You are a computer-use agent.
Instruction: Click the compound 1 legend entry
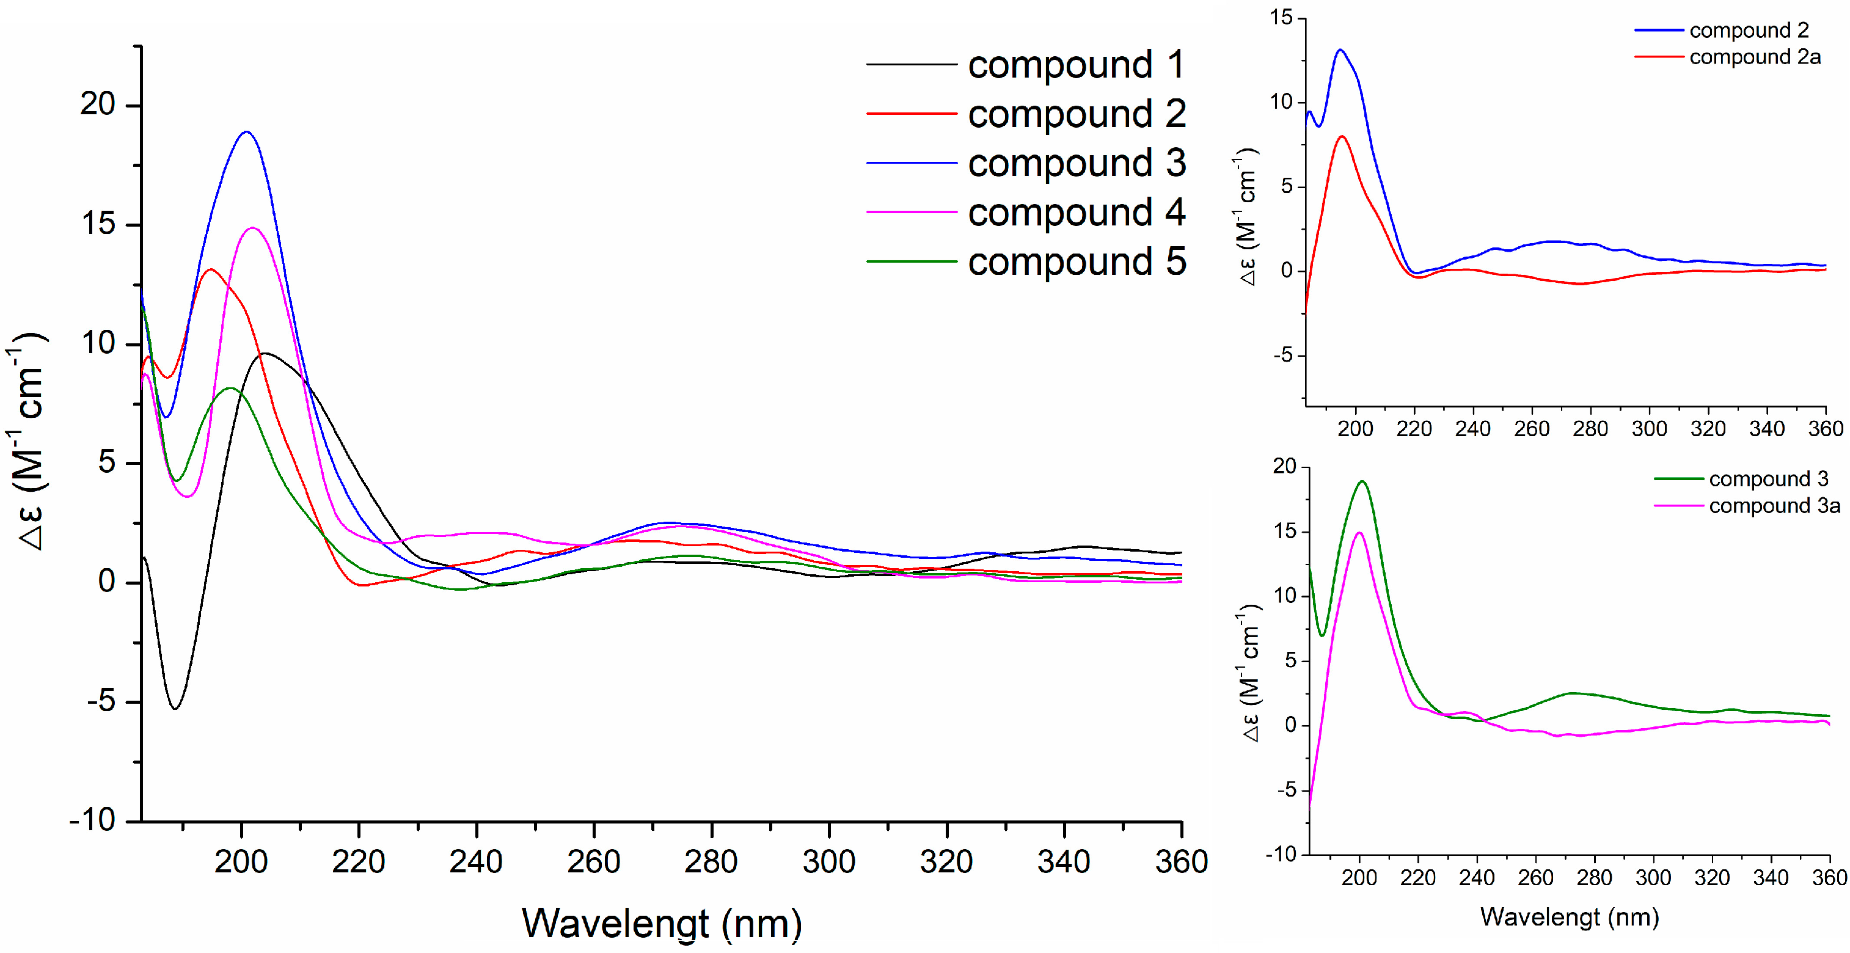1075,65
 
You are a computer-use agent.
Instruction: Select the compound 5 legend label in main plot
1075,261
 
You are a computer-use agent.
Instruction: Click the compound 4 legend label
1075,213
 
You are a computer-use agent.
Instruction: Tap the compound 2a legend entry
1755,57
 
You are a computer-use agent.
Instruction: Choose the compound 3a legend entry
1774,506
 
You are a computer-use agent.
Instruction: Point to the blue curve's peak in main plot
246,131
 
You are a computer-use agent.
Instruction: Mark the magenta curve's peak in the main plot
253,228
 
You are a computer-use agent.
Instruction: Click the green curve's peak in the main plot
230,388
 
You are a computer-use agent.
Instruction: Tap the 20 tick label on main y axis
98,105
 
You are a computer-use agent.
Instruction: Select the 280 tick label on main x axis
711,861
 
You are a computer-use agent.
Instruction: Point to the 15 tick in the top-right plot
1281,17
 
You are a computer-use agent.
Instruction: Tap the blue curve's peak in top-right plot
1340,49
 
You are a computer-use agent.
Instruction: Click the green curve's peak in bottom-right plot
1362,481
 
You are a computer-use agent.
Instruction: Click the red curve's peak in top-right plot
1342,136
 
